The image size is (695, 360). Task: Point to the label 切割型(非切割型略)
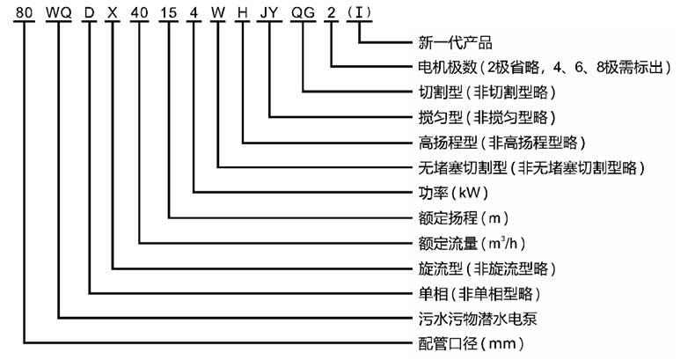point(486,92)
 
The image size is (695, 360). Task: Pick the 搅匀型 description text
point(486,117)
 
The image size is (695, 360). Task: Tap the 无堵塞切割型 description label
point(530,166)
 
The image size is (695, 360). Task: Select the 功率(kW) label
point(450,192)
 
